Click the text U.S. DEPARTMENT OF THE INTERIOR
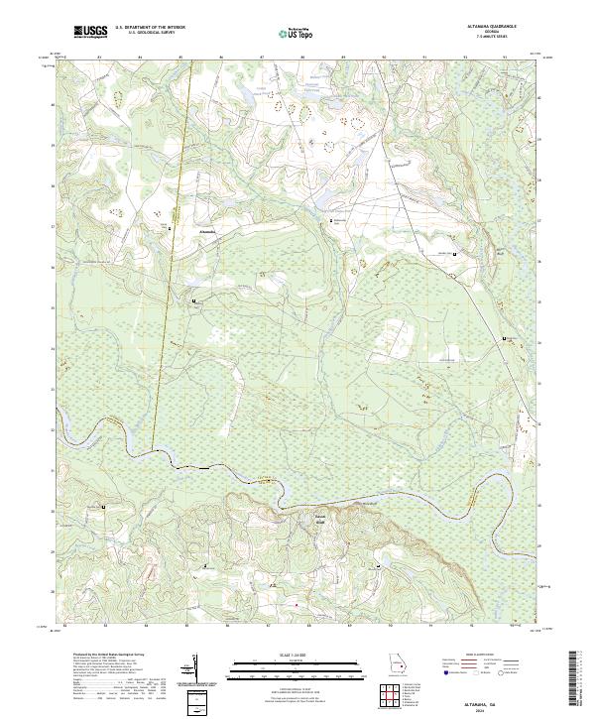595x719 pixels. coord(150,28)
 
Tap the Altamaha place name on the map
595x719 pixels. coord(207,229)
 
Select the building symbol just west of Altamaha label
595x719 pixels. coord(170,229)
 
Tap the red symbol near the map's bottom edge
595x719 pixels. coord(294,602)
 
